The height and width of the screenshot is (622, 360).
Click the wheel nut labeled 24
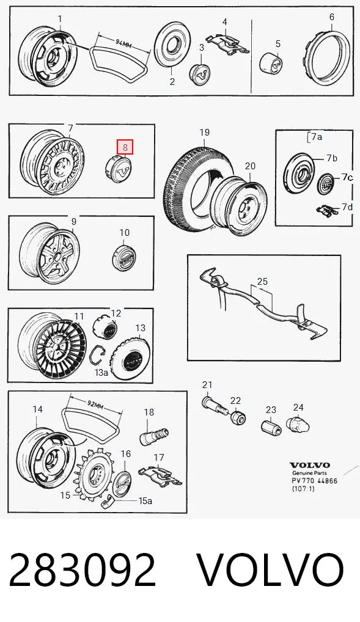pos(297,425)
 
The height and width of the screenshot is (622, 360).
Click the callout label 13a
pos(101,372)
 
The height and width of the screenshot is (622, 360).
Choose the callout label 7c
pos(347,177)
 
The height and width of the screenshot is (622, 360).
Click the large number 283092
pos(82,571)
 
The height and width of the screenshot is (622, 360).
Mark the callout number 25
pos(262,282)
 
